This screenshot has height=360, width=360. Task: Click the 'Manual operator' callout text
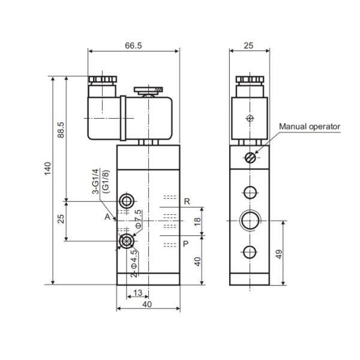pyautogui.click(x=310, y=127)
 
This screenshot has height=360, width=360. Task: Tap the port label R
pyautogui.click(x=187, y=202)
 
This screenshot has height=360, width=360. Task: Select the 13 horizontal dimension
pyautogui.click(x=137, y=293)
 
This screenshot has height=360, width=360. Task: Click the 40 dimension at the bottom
pyautogui.click(x=147, y=304)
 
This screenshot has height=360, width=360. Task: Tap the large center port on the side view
pyautogui.click(x=249, y=220)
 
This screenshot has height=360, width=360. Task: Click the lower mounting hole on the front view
pyautogui.click(x=127, y=241)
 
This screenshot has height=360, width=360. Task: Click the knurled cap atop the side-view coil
pyautogui.click(x=249, y=80)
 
